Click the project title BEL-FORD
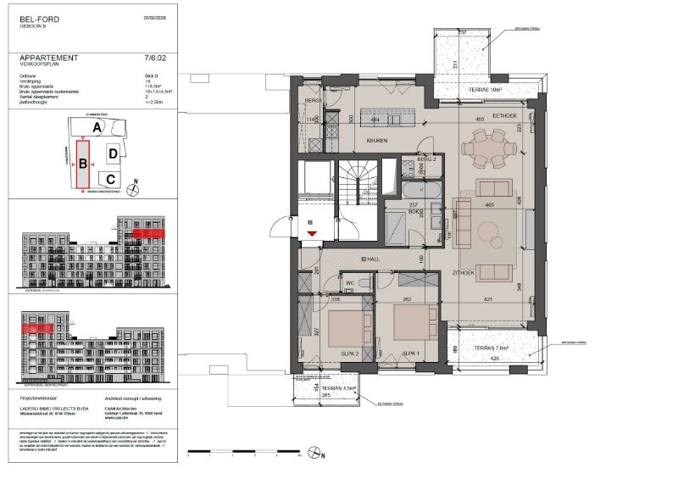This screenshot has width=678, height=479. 38,17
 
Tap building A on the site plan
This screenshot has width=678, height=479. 97,127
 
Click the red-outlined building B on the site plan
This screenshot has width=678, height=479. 83,164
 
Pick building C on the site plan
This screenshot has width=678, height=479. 111,179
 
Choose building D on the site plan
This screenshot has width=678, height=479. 113,153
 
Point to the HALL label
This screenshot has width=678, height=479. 370,259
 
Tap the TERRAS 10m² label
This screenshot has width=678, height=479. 486,89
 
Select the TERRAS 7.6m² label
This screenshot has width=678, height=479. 494,348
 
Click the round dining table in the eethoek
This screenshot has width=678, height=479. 489,153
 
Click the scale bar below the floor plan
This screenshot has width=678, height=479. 251,450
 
